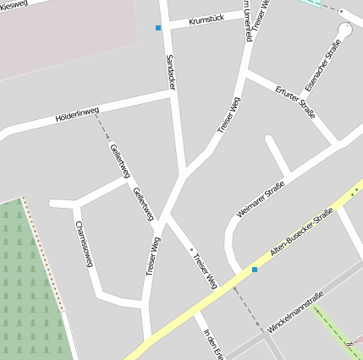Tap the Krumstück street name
pyautogui.click(x=206, y=18)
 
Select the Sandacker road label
pyautogui.click(x=172, y=67)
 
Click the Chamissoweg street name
pyautogui.click(x=84, y=244)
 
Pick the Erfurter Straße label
pyautogui.click(x=295, y=101)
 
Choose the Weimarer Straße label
pyautogui.click(x=261, y=200)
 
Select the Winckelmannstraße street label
pyautogui.click(x=295, y=312)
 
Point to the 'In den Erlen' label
pyautogui.click(x=212, y=342)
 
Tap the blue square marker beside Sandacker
pyautogui.click(x=158, y=28)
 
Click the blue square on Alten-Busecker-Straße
pyautogui.click(x=255, y=269)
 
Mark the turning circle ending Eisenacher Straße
pyautogui.click(x=344, y=29)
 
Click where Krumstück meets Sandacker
pyautogui.click(x=168, y=25)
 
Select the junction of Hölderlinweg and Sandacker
pyautogui.click(x=173, y=94)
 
